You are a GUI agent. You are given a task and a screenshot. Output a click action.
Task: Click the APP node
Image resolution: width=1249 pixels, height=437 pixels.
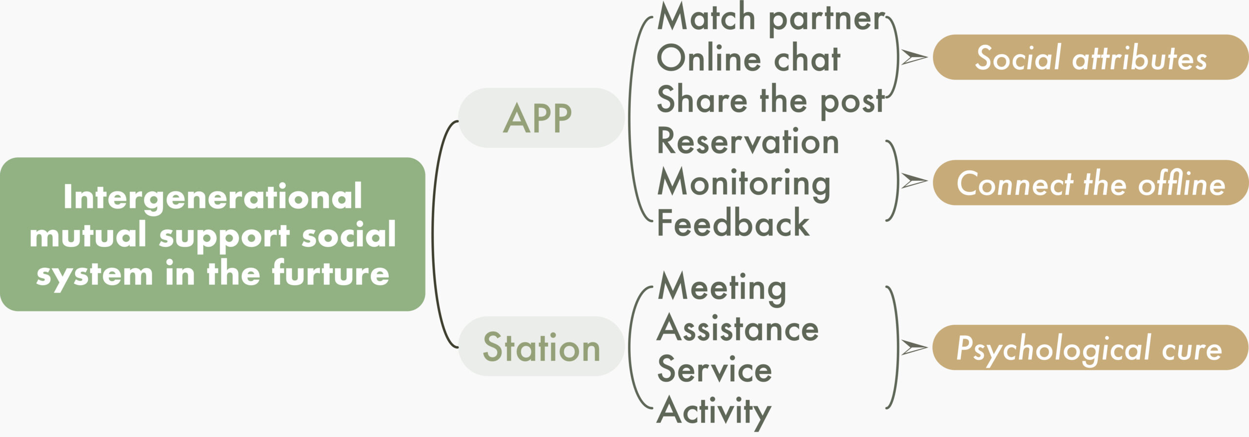[x=542, y=118]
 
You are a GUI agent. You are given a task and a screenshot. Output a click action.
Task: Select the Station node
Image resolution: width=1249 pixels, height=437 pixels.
[x=542, y=346]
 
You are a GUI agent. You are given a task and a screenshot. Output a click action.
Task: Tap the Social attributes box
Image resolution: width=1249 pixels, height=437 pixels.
[x=1091, y=57]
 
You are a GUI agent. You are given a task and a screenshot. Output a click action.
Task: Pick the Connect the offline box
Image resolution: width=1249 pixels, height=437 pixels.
[x=1091, y=183]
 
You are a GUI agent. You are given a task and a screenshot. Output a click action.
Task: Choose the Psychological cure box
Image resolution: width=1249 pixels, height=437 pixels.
[x=1091, y=348]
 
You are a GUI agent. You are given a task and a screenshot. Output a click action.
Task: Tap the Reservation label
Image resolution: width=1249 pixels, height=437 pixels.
[x=748, y=141]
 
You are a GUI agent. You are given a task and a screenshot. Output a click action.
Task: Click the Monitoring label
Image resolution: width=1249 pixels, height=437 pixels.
[x=744, y=184]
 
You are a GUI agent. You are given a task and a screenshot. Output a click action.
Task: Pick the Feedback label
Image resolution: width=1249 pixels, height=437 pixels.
[x=733, y=222]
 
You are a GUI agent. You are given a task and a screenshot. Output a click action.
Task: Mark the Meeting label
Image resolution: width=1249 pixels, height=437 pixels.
[x=722, y=289]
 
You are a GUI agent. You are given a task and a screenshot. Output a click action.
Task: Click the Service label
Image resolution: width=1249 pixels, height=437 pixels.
[x=715, y=369]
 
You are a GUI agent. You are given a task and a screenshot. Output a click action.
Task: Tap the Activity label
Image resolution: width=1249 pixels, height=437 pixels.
[x=714, y=412]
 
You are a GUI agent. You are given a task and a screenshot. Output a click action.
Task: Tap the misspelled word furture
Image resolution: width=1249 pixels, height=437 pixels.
[x=330, y=273]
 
